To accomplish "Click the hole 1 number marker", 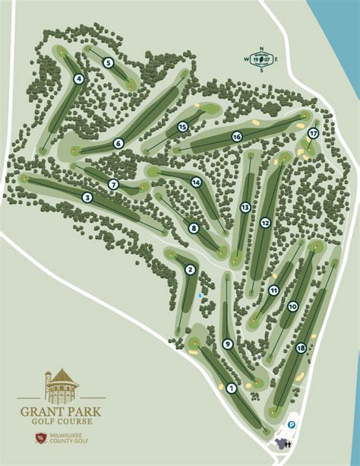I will (231, 388).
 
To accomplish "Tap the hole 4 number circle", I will (79, 78).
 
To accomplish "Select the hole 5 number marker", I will (109, 63).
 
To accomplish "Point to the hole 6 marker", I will (118, 143).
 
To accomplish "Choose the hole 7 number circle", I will (113, 184).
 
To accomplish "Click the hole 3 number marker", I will (87, 198).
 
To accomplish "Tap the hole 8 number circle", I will (194, 227).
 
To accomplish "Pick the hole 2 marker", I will (190, 269).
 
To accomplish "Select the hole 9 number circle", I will (227, 344).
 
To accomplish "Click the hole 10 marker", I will (292, 307).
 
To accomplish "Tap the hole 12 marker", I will (265, 223).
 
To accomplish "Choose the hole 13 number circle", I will (245, 207).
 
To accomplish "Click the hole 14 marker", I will (196, 182).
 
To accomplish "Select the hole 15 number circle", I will (182, 127).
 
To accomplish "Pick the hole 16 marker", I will (237, 137).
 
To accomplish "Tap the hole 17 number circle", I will (313, 133).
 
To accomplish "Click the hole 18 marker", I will (302, 348).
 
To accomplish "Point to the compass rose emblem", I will (262, 59).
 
